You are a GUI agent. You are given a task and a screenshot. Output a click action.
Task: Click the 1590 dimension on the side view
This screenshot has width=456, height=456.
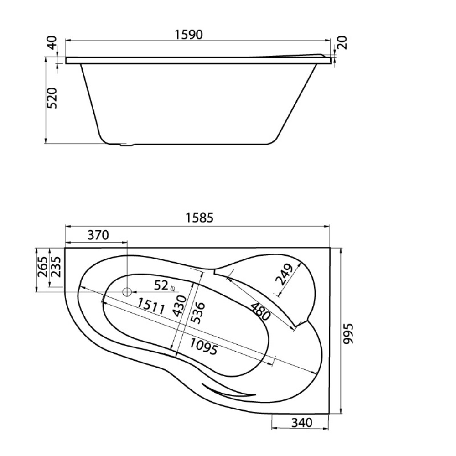coord(188,35)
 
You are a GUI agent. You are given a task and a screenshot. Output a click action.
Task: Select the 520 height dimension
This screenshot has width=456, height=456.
coord(52,98)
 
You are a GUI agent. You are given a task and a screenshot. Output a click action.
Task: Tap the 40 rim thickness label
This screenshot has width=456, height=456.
coord(52,42)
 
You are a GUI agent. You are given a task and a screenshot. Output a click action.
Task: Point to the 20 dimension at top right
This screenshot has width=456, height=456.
coord(342,42)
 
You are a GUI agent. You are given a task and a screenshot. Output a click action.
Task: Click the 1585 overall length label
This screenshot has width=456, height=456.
coord(200,218)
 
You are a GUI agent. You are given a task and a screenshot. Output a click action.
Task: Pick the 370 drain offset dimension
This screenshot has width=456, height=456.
coord(98,235)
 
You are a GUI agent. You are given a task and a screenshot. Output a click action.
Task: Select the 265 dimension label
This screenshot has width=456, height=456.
coord(42,267)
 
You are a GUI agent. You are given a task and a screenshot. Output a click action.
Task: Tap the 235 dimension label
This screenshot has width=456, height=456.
coord(55,267)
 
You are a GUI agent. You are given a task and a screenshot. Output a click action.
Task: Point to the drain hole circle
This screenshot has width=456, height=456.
coord(127,292)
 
